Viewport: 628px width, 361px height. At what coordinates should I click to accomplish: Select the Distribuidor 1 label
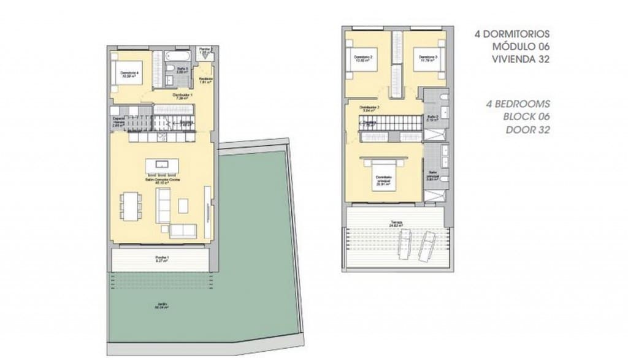[183, 97]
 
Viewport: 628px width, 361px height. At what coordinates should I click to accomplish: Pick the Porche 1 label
[162, 258]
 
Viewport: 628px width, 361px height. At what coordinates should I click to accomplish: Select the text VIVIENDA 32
[520, 59]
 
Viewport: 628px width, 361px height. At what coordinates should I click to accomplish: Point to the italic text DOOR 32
[528, 129]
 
